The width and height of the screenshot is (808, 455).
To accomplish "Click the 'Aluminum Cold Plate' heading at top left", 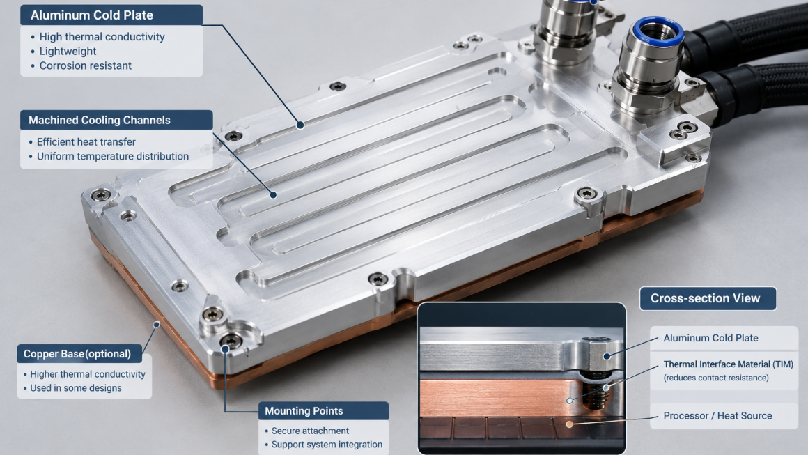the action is (x=92, y=15).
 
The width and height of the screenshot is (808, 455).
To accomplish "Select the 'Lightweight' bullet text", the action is (x=68, y=51).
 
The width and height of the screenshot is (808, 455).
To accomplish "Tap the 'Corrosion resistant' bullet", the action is (x=85, y=65).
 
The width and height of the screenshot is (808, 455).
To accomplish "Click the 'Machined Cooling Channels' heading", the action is (x=100, y=120).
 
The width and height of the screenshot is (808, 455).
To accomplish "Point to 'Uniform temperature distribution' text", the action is (x=112, y=156).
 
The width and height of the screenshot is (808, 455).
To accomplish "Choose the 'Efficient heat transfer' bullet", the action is (x=86, y=141).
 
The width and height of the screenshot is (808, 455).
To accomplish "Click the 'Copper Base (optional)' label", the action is (x=77, y=354).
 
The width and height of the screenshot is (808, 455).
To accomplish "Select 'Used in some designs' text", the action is (x=76, y=388).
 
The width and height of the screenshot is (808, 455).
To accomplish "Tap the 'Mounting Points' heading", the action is (x=304, y=411).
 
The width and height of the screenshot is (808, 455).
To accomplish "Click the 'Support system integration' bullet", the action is (x=327, y=444).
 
